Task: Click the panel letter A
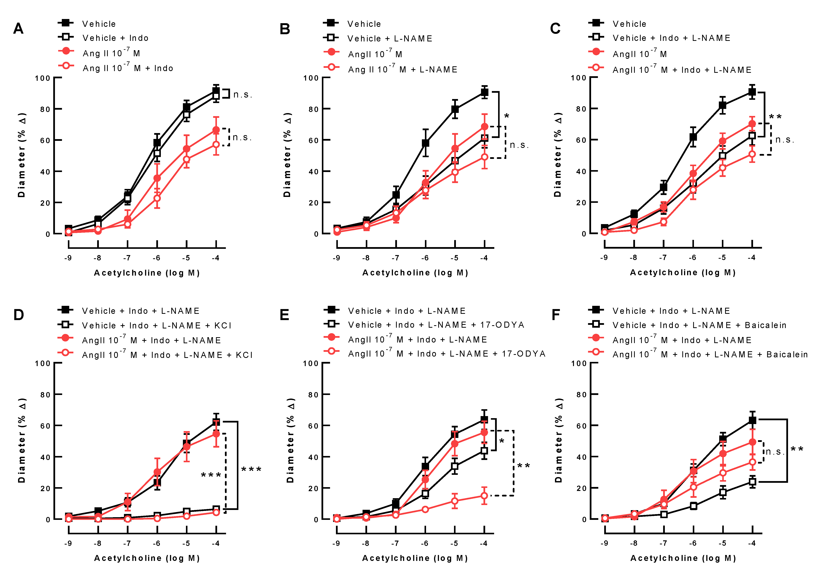coord(18,29)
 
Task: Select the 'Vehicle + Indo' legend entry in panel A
coord(115,38)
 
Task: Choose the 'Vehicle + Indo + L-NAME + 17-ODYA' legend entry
coord(436,325)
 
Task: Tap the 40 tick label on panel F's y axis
coord(581,457)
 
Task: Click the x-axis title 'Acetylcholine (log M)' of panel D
coord(147,558)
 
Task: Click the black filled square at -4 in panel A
coord(216,91)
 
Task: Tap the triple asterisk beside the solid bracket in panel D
coord(251,470)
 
